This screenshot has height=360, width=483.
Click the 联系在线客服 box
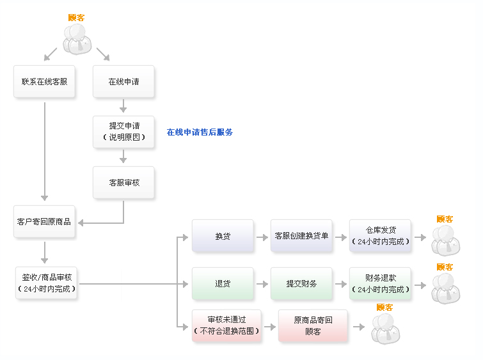pyautogui.click(x=44, y=82)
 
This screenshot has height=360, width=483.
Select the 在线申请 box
pyautogui.click(x=123, y=82)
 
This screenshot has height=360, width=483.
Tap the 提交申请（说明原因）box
pyautogui.click(x=123, y=132)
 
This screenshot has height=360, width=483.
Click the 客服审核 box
pyautogui.click(x=123, y=183)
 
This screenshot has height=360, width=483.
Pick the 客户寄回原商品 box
pyautogui.click(x=44, y=221)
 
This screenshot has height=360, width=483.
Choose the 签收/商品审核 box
pyautogui.click(x=46, y=283)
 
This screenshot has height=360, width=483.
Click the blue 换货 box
pyautogui.click(x=223, y=236)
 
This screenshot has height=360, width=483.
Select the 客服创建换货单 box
pyautogui.click(x=301, y=236)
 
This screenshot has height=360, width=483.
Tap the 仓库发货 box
pyautogui.click(x=380, y=236)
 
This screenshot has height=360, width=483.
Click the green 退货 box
pyautogui.click(x=223, y=284)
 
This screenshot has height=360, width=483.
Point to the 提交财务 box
pyautogui.click(x=301, y=284)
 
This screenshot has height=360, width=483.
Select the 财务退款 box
pyautogui.click(x=380, y=284)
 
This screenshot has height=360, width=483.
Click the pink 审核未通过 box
pyautogui.click(x=226, y=326)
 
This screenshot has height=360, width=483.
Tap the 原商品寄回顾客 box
pyautogui.click(x=313, y=326)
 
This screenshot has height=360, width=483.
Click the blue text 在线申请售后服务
pyautogui.click(x=200, y=132)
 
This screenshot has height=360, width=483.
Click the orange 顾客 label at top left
pyautogui.click(x=76, y=17)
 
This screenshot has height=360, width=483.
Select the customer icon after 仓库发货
pyautogui.click(x=446, y=240)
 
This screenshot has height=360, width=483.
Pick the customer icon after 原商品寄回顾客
pyautogui.click(x=386, y=329)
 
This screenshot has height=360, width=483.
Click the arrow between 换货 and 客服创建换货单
pyautogui.click(x=262, y=237)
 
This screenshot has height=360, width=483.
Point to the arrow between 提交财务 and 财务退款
pyautogui.click(x=341, y=284)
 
